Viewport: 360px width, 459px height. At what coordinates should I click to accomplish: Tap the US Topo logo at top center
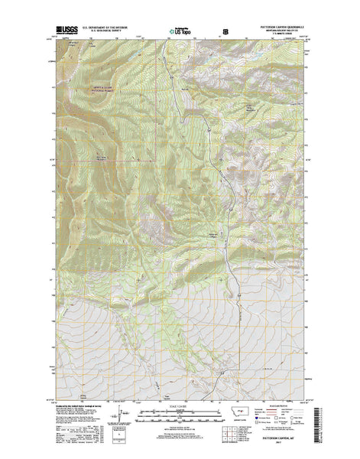[183, 32]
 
